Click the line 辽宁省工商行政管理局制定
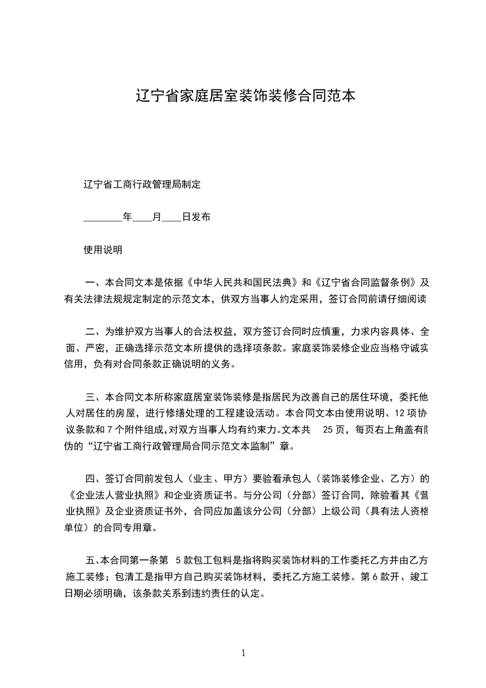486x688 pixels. tap(142, 184)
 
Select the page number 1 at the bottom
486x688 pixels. tap(243, 652)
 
